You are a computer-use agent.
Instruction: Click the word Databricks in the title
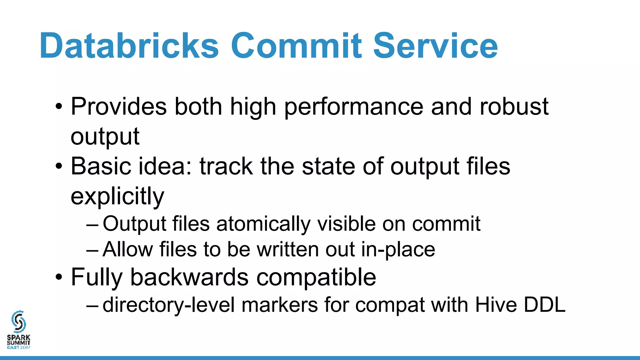129,46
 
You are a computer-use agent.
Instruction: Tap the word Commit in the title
296,46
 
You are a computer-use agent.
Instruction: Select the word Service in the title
435,46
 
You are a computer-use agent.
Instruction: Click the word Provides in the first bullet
119,107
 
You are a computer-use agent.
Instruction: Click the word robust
514,107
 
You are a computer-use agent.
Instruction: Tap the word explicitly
117,197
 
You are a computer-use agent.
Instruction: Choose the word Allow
127,249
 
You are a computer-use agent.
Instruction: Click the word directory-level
168,305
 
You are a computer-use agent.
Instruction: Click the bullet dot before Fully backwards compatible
59,277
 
